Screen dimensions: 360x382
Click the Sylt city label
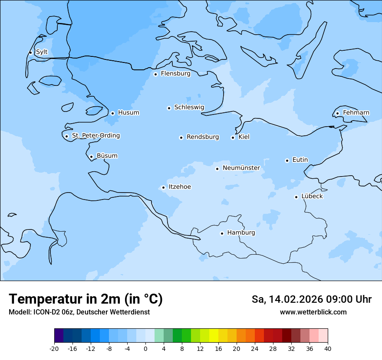tap(42, 52)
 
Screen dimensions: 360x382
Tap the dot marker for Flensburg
tap(155, 74)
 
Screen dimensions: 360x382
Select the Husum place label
tap(128, 113)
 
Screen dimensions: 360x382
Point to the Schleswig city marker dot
tap(169, 108)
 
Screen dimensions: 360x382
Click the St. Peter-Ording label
tap(95, 136)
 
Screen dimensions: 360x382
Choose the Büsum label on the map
tap(107, 156)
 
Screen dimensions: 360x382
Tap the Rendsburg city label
tap(203, 137)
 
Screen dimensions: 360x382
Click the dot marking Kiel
tap(233, 137)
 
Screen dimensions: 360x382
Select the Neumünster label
tap(241, 168)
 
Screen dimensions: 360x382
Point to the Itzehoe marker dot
tap(163, 187)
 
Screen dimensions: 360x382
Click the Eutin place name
tap(300, 160)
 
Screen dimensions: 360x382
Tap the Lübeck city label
tap(312, 196)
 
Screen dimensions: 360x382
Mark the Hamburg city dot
tap(222, 233)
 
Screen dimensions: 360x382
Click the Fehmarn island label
tap(356, 113)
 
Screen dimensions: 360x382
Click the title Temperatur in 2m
tap(86, 299)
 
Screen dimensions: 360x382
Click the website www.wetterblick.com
tap(313, 312)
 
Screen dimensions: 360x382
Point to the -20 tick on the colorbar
tap(54, 348)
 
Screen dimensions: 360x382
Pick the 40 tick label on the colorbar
tap(328, 348)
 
